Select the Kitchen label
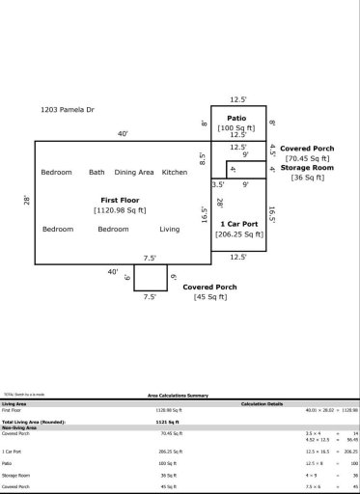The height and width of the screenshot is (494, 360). (174, 172)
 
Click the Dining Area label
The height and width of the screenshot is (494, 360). (134, 172)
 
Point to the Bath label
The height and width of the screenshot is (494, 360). (97, 172)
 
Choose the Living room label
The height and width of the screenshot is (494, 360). (170, 229)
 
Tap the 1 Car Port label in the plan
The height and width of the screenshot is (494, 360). (239, 224)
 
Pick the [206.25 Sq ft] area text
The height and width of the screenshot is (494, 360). (237, 233)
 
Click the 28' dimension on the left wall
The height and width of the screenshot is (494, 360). (27, 201)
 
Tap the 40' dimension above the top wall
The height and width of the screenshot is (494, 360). (123, 134)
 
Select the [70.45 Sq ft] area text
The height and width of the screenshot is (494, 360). (307, 157)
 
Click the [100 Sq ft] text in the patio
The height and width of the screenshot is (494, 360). (236, 127)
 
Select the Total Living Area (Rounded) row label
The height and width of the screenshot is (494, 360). (39, 423)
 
